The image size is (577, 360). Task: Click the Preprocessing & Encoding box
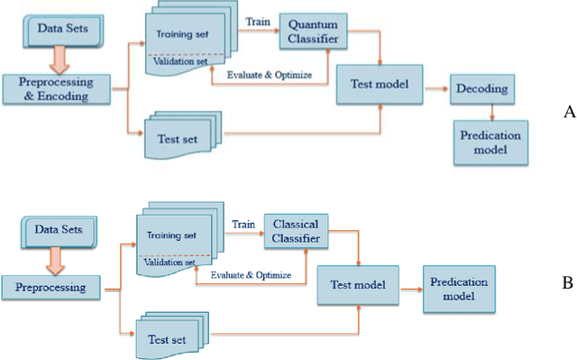[x=58, y=91]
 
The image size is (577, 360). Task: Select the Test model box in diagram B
[x=355, y=285]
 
